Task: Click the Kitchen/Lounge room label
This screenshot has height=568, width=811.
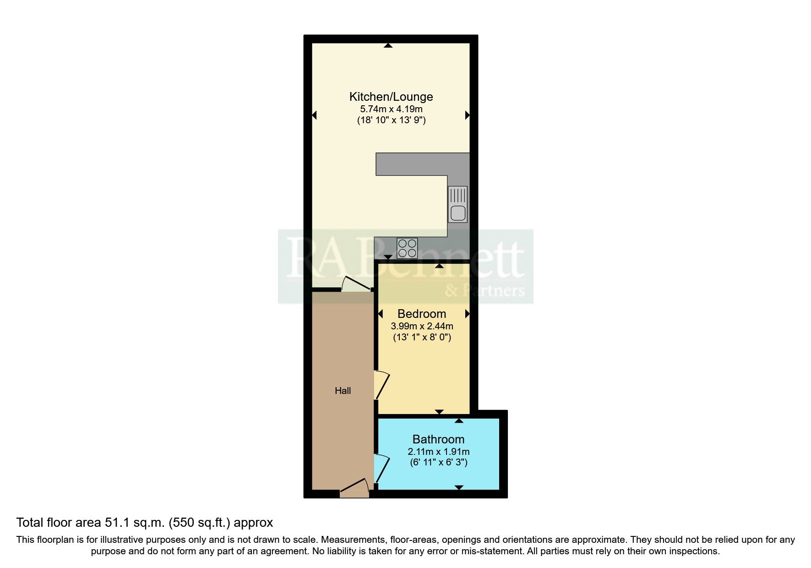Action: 391,97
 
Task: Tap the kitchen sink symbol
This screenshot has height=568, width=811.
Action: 457,204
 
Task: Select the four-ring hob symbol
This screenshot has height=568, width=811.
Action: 407,248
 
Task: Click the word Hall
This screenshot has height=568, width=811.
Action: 343,391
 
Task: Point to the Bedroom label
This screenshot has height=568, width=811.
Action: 421,314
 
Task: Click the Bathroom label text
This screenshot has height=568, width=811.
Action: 438,439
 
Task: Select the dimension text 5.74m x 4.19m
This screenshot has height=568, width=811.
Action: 391,109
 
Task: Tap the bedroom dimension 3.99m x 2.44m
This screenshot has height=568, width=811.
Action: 421,326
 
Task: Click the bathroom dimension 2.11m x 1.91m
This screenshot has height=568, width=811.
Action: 438,452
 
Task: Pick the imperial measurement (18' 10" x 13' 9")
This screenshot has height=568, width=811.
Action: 391,120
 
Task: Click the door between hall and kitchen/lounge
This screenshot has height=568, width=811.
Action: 356,284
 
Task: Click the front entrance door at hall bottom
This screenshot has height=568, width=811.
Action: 354,489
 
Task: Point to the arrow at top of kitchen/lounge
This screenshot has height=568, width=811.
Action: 388,45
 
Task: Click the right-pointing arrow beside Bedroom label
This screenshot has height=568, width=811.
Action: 467,314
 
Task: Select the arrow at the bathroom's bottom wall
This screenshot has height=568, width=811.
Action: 459,487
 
